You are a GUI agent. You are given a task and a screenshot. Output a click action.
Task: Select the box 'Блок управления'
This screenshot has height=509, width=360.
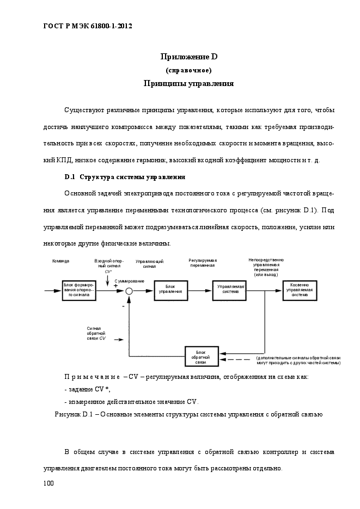pos(171,290)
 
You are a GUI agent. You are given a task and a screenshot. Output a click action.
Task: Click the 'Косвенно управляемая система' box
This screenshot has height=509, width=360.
pos(300,290)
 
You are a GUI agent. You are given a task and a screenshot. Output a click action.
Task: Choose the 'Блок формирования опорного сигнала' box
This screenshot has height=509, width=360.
pos(79,291)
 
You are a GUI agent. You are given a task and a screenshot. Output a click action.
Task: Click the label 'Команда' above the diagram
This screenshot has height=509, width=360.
pos(60,261)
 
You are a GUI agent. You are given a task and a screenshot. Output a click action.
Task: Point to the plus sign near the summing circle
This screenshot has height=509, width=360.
pos(115,286)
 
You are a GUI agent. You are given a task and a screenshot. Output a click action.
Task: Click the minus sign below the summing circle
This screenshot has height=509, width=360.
pos(123,306)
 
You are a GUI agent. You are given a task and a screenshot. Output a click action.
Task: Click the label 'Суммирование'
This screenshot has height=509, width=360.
pos(129,281)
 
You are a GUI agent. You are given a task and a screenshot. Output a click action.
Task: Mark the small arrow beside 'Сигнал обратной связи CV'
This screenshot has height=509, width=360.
pos(119,340)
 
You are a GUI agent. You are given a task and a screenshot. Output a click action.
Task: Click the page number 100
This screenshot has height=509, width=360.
pos(48,483)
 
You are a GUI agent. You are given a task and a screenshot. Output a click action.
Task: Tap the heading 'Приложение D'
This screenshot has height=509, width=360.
pos(189,57)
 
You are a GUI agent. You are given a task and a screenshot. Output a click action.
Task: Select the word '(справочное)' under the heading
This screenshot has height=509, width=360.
pos(188,70)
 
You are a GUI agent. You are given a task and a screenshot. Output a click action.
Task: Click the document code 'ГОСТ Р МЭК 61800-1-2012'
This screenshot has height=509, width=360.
pos(88,26)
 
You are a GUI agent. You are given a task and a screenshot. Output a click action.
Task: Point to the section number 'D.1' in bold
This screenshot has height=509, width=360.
pos(70,177)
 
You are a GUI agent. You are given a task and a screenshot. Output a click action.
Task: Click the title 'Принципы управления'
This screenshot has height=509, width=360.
pos(188,84)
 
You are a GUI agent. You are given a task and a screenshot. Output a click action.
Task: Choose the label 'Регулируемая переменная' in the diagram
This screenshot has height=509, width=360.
pos(203,263)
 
